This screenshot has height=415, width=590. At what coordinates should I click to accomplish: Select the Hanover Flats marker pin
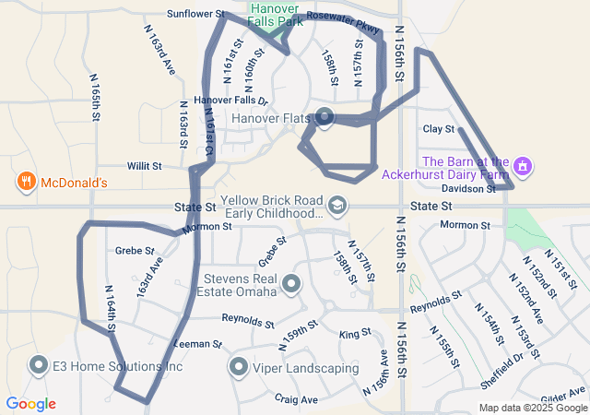click(324, 116)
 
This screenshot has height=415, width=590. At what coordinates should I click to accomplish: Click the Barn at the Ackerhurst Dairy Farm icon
click(524, 166)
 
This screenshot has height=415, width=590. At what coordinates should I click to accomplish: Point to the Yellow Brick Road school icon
click(338, 204)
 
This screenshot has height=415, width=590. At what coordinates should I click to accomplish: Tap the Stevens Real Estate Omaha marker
click(291, 284)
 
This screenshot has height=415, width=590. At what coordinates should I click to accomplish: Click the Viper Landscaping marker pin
click(238, 367)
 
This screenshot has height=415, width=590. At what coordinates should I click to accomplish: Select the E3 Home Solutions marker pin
click(39, 365)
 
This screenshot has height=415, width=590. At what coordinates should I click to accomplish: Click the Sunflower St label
click(195, 14)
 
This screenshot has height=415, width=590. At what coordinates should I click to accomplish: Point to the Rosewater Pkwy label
click(343, 23)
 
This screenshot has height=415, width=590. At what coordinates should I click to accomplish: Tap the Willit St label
click(145, 166)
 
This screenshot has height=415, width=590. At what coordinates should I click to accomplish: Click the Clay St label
click(439, 129)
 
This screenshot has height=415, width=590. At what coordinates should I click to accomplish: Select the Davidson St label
click(475, 188)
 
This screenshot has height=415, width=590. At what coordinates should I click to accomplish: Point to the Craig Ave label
click(296, 399)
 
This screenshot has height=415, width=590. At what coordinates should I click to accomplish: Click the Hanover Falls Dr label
click(230, 101)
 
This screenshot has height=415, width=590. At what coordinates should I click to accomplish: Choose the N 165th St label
click(95, 98)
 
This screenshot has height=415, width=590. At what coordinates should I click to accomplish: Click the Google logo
click(30, 404)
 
